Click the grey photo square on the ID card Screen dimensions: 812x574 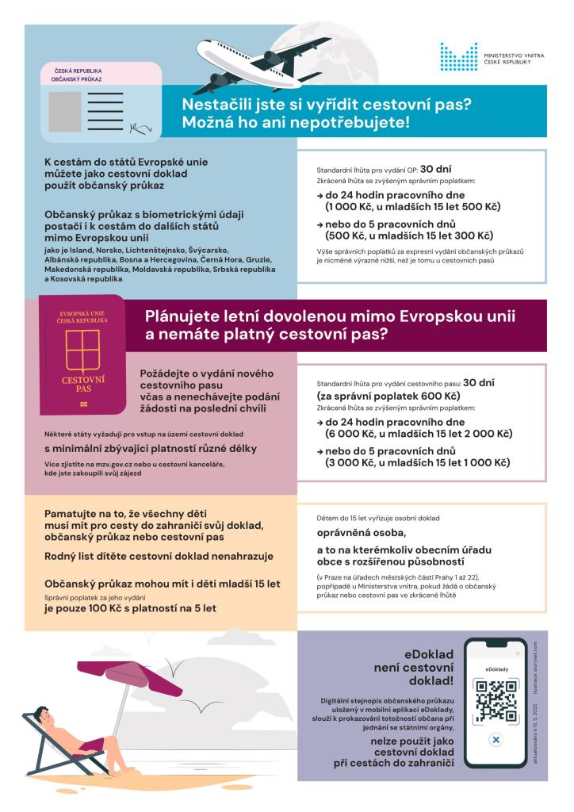pyautogui.click(x=63, y=111)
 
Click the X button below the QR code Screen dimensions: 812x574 pyautogui.click(x=496, y=740)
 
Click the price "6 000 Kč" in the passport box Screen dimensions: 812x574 pyautogui.click(x=350, y=434)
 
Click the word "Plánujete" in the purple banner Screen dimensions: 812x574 pyautogui.click(x=183, y=316)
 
